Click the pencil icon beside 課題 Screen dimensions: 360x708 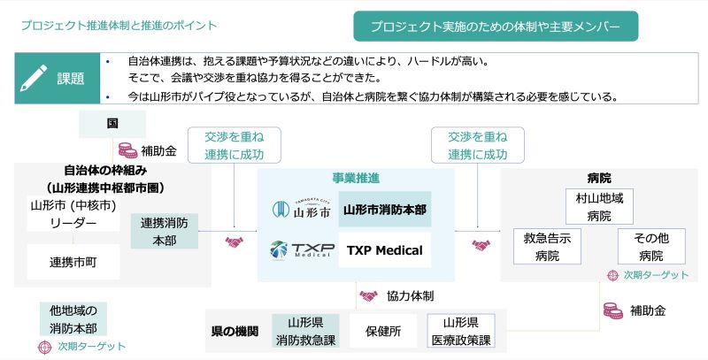coord(35,78)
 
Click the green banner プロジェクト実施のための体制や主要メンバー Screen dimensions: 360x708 coord(496,27)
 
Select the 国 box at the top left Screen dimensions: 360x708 coord(112,125)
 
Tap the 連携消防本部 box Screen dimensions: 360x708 coord(164,232)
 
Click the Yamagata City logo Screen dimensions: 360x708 coord(300,210)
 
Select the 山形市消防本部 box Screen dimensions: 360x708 coord(385,210)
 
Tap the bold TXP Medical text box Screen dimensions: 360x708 coord(385,250)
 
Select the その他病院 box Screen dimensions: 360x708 coord(651,247)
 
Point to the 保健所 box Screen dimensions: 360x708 coord(383,331)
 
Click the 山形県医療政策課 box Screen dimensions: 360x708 coord(460,331)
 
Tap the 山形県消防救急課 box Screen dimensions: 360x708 coord(305,331)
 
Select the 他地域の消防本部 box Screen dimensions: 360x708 coord(73,319)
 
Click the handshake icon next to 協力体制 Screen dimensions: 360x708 coord(367,295)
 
